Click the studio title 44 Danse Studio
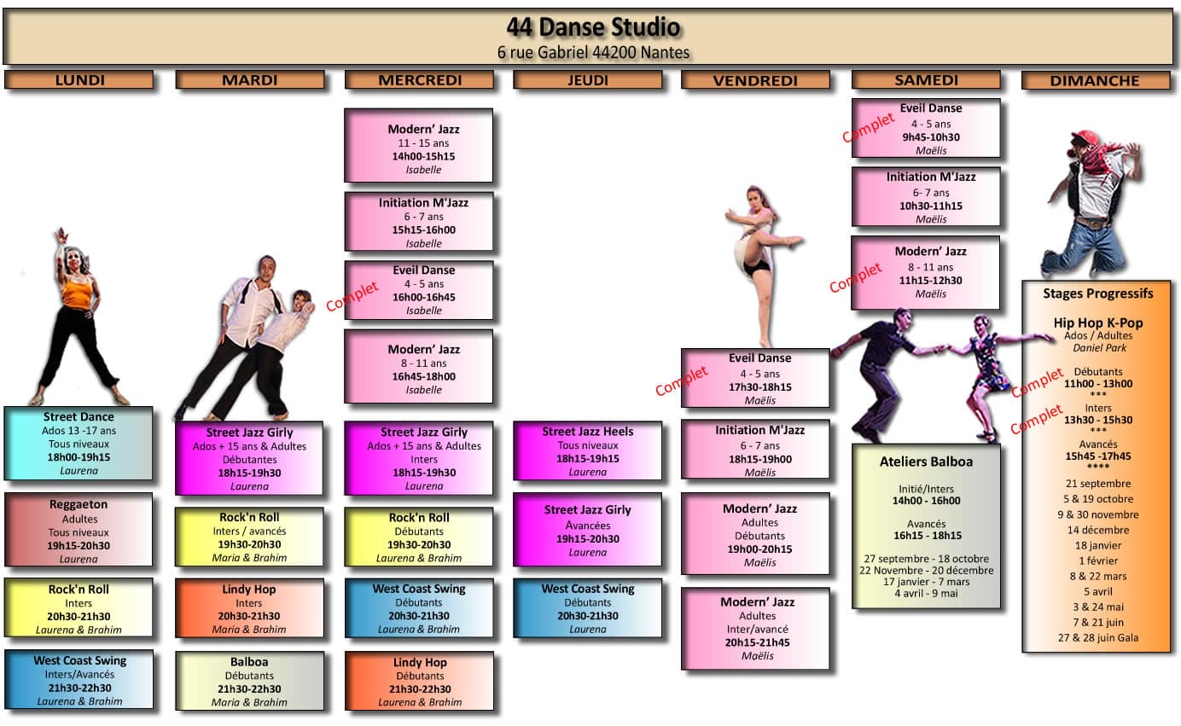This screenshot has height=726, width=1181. coord(593,27)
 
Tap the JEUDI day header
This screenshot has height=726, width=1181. coord(587,80)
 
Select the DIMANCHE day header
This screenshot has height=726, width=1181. coord(1095,81)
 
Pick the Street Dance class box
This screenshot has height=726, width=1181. coord(79,443)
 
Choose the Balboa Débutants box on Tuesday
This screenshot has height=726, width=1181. coord(249,681)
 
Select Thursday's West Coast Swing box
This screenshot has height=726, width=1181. coord(587,608)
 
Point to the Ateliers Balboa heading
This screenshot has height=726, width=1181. coord(926,462)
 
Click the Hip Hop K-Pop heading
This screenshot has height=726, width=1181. coord(1097,323)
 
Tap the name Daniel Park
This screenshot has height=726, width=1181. coord(1097,348)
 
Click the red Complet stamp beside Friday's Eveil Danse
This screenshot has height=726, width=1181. coord(682,380)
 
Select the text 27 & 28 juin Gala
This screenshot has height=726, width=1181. coord(1097,637)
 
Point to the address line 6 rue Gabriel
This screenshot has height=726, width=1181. coord(593,52)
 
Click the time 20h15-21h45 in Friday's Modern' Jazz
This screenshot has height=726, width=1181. coord(757,642)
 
